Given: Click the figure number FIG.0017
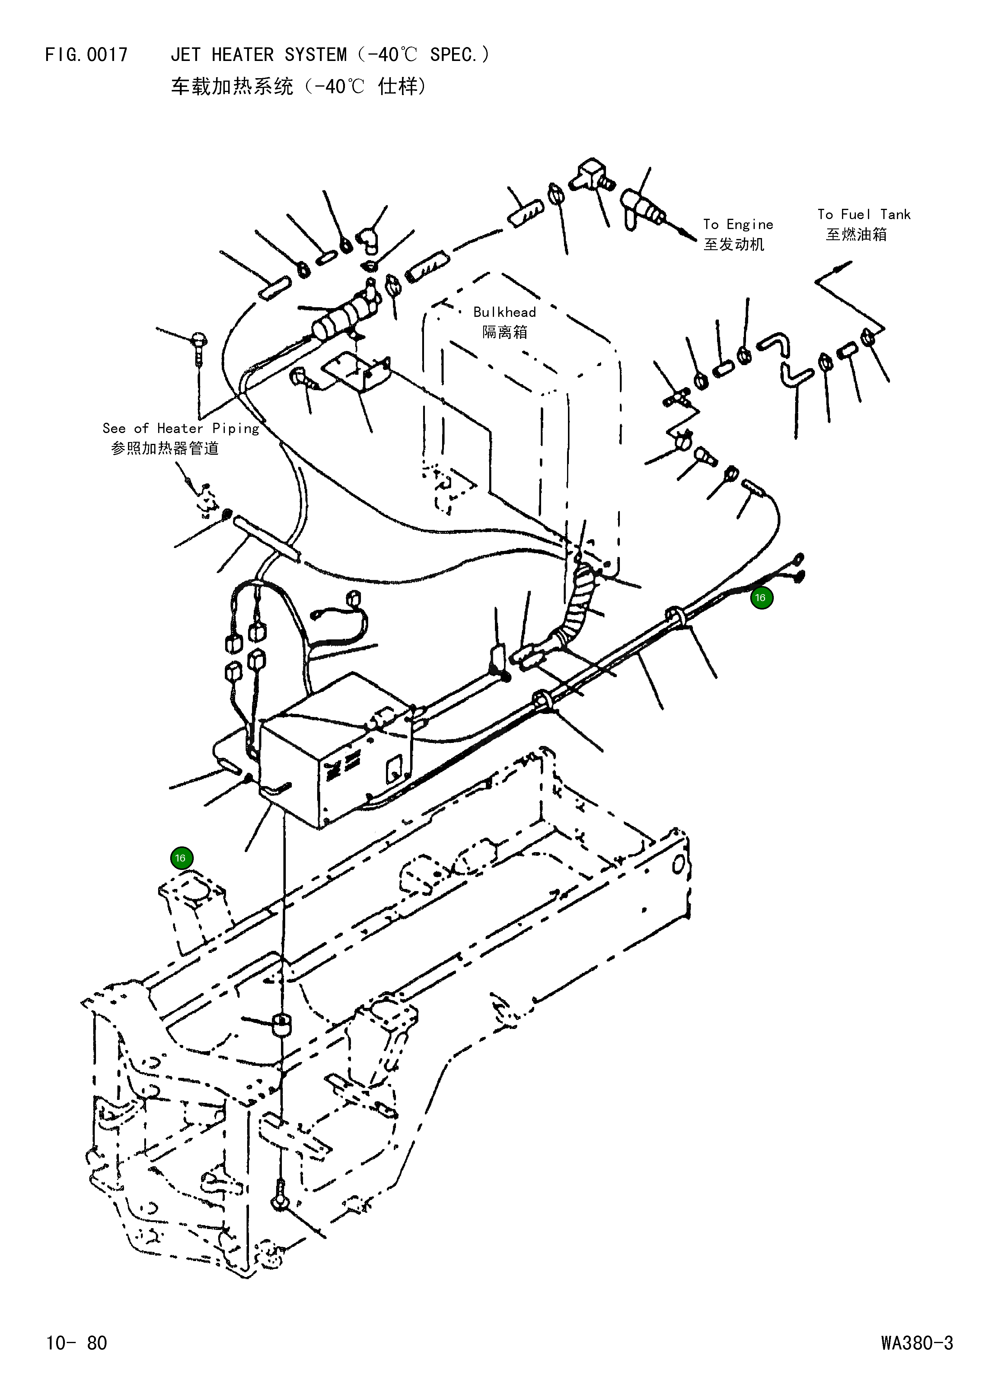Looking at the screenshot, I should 86,55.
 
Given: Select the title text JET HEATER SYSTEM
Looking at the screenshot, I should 258,55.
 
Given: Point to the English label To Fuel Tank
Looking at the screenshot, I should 863,215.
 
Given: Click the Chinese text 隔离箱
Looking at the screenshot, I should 505,333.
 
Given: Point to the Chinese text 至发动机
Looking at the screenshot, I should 734,245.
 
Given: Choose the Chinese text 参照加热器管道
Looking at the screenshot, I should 165,449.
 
